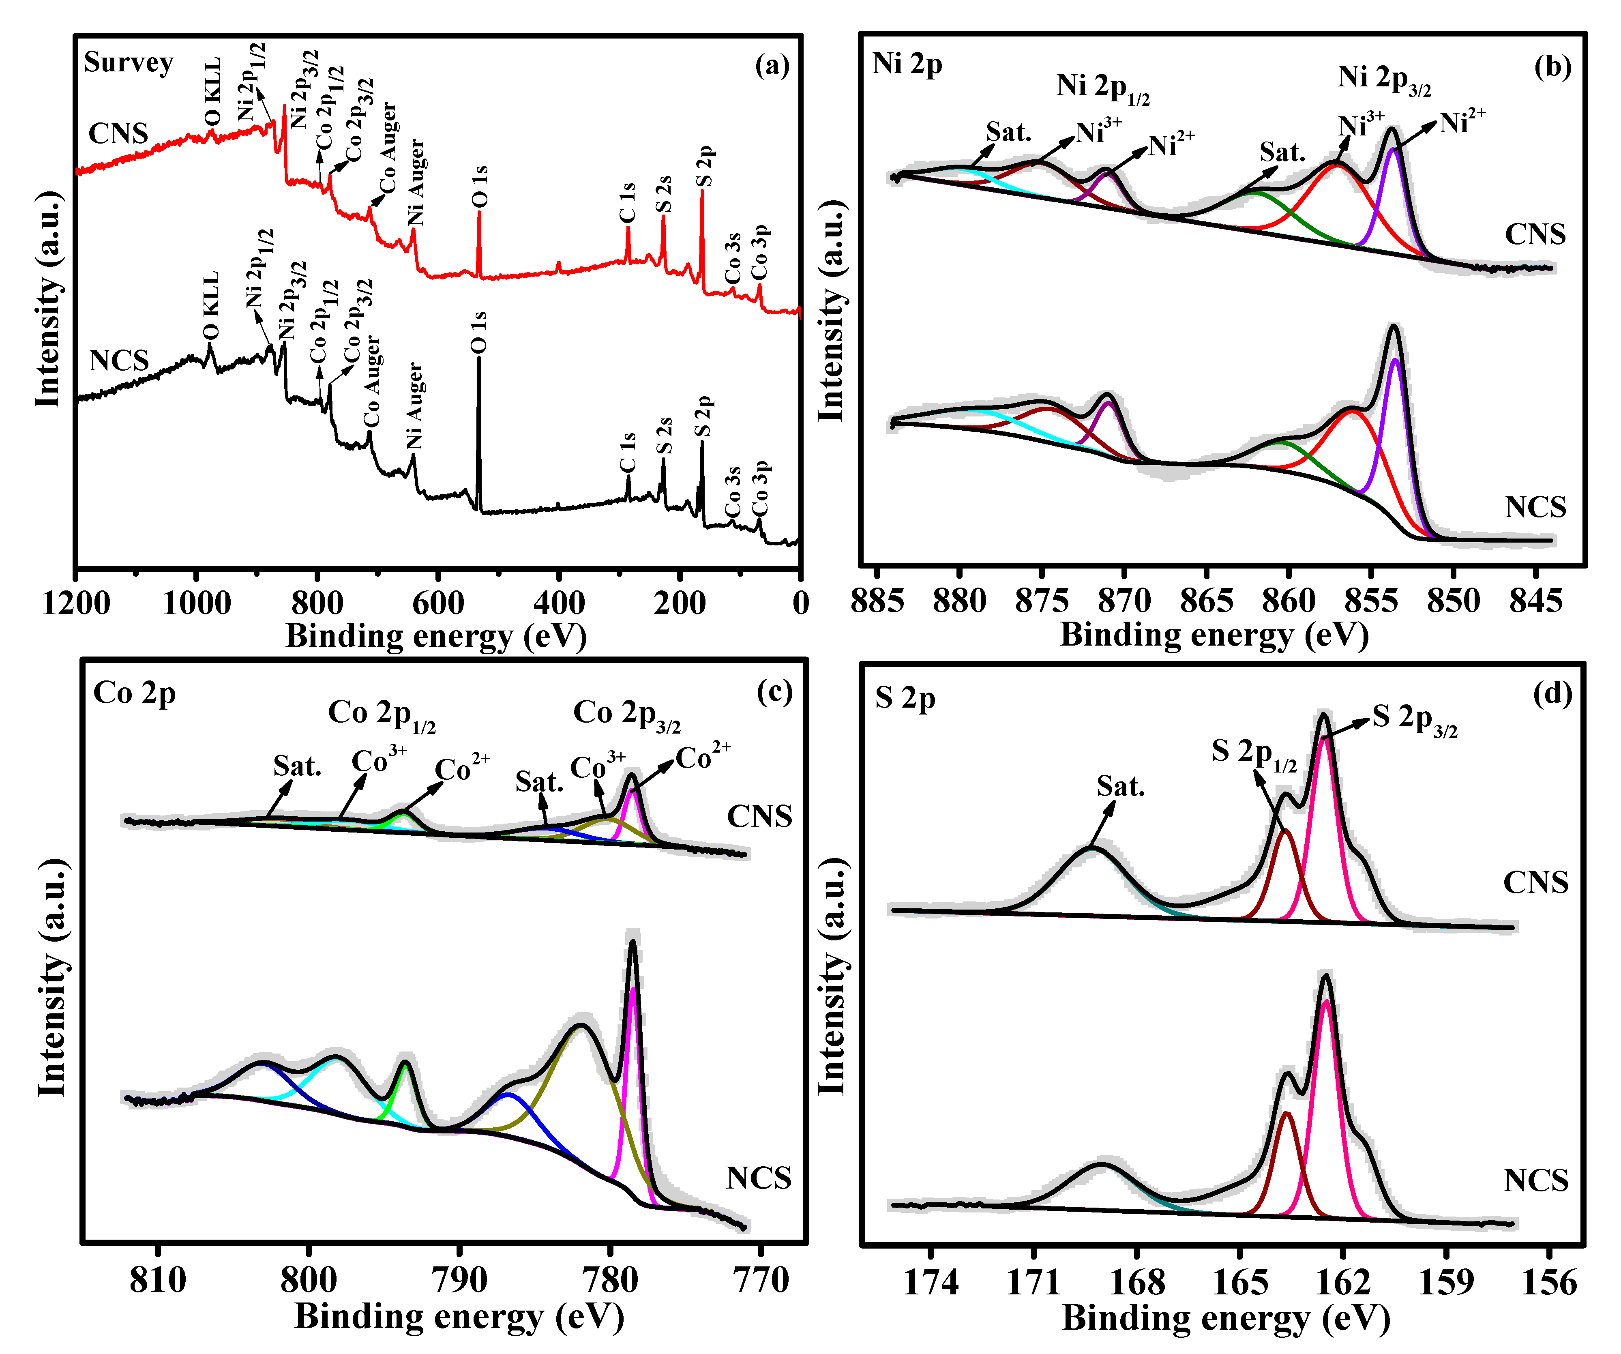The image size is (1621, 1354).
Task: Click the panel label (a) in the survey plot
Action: coord(772,67)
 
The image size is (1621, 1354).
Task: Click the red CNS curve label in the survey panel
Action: coord(118,133)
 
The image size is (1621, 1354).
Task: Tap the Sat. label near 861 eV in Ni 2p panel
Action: coord(1282,152)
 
